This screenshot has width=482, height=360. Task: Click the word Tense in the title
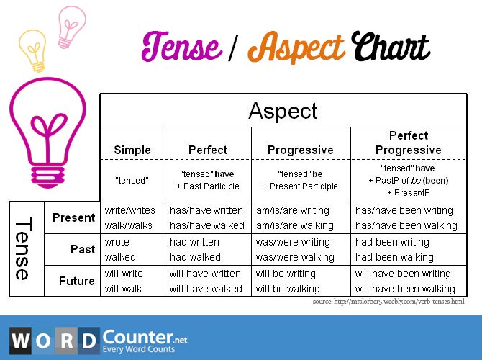point(181,48)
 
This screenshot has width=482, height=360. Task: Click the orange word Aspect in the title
point(296,49)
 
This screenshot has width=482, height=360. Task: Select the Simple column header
point(132,150)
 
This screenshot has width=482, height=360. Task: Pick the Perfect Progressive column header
point(408,143)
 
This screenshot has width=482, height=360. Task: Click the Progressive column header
point(300,150)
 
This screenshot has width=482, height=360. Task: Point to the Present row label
point(74,217)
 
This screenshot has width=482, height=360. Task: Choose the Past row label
point(83,249)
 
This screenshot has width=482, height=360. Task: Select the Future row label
point(77,281)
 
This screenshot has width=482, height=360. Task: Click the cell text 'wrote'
point(117,242)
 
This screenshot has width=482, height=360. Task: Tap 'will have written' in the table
point(205,274)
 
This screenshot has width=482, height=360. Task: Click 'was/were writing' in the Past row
point(293,242)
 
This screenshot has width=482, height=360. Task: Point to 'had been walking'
point(394,257)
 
